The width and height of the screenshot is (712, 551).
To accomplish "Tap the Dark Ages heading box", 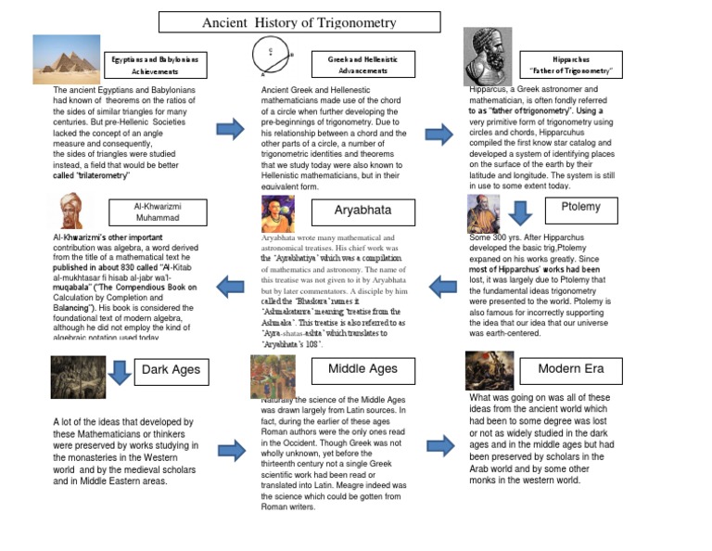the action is pyautogui.click(x=171, y=370).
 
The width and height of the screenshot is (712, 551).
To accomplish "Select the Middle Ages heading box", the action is pyautogui.click(x=362, y=369).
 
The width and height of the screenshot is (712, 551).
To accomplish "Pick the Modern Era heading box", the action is pyautogui.click(x=571, y=369).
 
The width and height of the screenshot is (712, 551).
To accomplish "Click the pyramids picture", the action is pyautogui.click(x=66, y=58).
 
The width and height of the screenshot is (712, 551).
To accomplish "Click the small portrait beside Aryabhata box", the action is pyautogui.click(x=277, y=213).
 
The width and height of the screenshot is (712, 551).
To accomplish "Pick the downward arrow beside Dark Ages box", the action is pyautogui.click(x=119, y=371).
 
